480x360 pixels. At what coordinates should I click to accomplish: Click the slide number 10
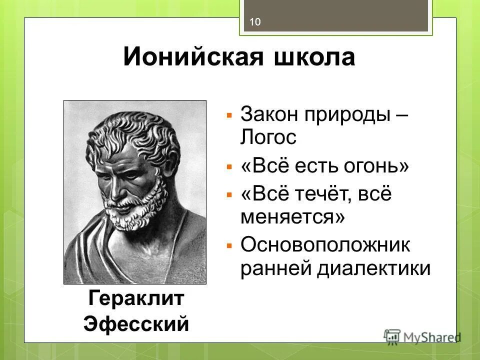pos(255,21)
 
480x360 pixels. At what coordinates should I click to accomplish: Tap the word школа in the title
pos(313,57)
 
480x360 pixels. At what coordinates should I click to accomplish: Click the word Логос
pos(268,137)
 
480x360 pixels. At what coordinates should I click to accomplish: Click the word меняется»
pos(293,217)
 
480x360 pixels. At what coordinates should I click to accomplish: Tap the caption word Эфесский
pos(136,323)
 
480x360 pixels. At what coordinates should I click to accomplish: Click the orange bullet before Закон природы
pos(229,115)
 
